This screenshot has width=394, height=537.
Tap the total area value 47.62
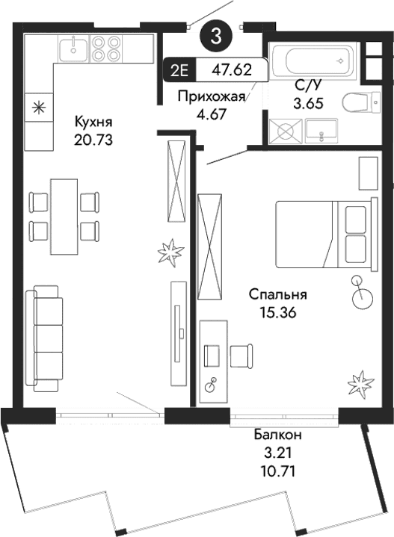tap(232, 72)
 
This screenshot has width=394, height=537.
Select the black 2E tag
tap(179, 72)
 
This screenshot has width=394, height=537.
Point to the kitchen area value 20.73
tap(93, 139)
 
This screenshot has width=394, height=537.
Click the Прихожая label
tap(211, 96)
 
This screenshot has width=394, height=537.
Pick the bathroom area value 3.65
tap(307, 105)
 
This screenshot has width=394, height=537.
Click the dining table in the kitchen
tap(63, 215)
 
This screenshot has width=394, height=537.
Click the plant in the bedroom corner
tap(361, 384)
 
